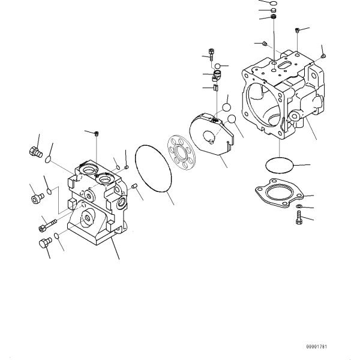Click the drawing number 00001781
tap(317, 346)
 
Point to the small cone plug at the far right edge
tap(323, 55)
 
